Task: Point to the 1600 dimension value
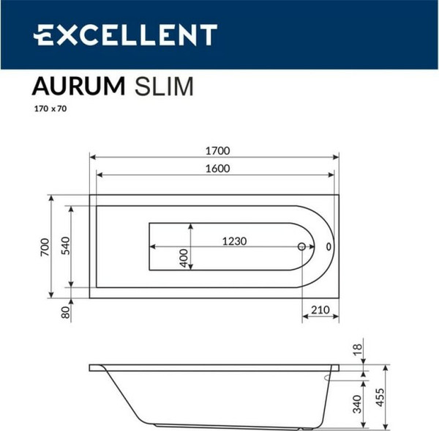(x=218, y=169)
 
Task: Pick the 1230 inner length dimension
(x=233, y=241)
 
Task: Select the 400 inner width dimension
(x=184, y=257)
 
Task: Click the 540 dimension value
(x=64, y=247)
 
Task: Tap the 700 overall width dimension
(x=45, y=247)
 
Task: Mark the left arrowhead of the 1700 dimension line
(x=92, y=156)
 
